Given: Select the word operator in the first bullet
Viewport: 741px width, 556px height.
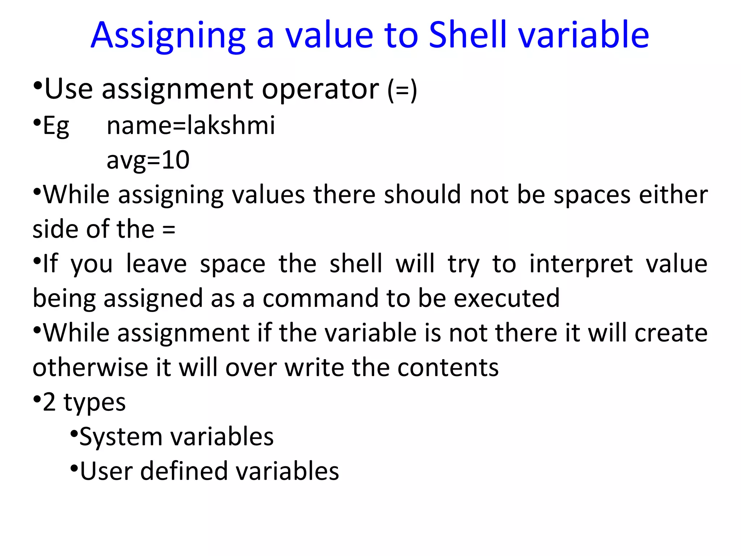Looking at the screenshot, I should [320, 89].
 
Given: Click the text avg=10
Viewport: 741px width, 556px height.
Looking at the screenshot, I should [148, 160].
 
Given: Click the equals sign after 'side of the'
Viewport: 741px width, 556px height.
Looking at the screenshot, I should [169, 229].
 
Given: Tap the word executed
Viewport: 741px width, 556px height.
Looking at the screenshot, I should [506, 298].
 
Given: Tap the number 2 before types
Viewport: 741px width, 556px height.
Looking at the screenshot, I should [49, 402].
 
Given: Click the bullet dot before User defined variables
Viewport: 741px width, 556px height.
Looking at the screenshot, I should [74, 468].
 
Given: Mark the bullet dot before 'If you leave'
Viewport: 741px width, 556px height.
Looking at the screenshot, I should [37, 261].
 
